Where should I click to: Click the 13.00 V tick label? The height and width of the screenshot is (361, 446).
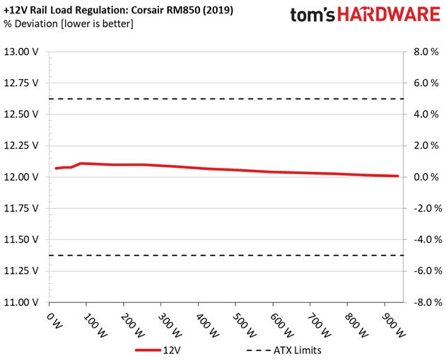coord(20,52)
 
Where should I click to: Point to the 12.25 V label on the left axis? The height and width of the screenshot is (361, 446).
coord(20,146)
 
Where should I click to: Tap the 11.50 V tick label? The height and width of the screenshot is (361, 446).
coord(20,240)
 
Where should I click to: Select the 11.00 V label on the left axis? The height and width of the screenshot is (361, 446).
coord(20,302)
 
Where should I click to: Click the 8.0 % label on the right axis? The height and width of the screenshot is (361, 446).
coord(426,52)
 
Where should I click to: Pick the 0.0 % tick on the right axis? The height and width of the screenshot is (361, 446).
coord(426,177)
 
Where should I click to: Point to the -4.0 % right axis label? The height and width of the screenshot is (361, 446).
coord(424,240)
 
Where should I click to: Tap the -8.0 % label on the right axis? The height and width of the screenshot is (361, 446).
coord(424,302)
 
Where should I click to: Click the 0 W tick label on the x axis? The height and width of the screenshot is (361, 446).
coord(54,321)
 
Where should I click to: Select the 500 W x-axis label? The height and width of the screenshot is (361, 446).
coord(244,325)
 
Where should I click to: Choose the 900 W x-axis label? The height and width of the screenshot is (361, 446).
coord(394,325)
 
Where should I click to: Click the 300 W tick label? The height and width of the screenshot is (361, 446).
coord(170,325)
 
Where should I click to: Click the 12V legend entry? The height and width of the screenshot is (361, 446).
coord(158,350)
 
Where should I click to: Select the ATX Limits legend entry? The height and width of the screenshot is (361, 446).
coord(284,350)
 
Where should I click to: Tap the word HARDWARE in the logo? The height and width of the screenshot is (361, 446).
coord(389,15)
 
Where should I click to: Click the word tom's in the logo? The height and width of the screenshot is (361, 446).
coord(312,15)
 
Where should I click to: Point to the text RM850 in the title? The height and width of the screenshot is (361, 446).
coord(181,10)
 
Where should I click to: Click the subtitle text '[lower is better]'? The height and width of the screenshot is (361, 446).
coord(97,23)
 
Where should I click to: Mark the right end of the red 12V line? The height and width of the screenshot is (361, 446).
coord(397,176)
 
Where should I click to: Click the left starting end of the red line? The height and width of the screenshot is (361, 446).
coord(56,168)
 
